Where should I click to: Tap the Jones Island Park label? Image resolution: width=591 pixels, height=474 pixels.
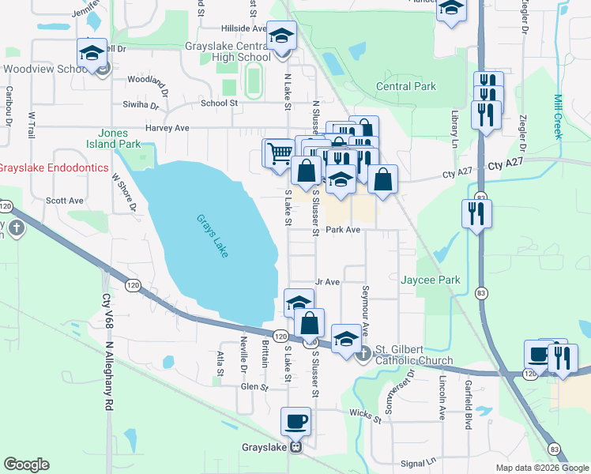point(119,139)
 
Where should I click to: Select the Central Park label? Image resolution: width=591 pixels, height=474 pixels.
point(405,86)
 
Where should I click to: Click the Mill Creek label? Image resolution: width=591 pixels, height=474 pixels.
point(558,117)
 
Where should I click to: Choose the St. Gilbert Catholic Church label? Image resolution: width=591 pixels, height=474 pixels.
point(413,355)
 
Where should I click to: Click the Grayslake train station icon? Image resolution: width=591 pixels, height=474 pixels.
point(296,446)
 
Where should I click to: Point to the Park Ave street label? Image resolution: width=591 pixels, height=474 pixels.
point(344,230)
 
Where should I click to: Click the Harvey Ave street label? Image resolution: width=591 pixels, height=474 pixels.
point(167,127)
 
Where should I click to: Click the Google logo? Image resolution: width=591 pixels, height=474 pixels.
point(26,465)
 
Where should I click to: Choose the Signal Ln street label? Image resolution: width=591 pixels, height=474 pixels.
point(419,461)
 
